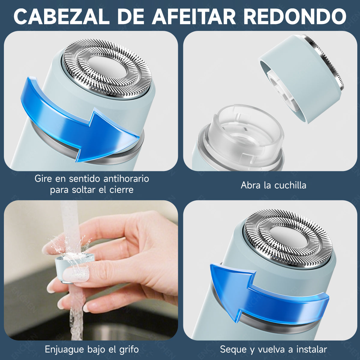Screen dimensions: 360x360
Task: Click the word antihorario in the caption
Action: (126, 179)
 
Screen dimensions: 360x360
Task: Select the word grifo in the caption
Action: (128, 349)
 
